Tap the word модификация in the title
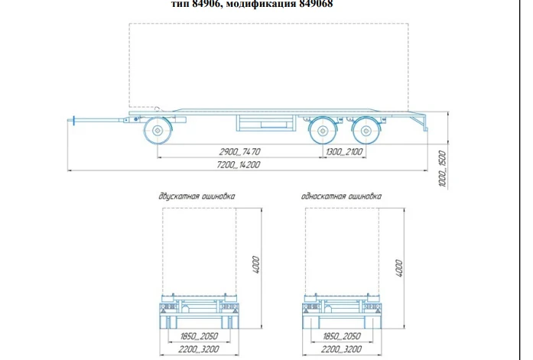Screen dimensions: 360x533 (x=260, y=3)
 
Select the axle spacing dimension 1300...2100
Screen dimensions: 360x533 (x=345, y=152)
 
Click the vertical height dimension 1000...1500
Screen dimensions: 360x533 (x=442, y=169)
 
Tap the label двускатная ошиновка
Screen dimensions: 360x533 (x=197, y=196)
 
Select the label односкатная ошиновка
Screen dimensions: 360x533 (x=341, y=196)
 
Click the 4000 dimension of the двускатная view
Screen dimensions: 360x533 (x=257, y=265)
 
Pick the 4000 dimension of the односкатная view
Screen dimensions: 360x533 (x=398, y=268)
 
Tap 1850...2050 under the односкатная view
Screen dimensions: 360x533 (x=341, y=336)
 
